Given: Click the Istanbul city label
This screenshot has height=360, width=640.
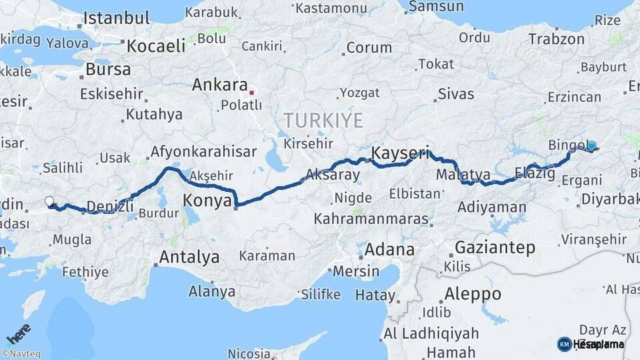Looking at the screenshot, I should point(116,19).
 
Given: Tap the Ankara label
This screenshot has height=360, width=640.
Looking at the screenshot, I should point(219,85).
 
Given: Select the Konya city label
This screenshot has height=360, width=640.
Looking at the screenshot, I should point(207,200).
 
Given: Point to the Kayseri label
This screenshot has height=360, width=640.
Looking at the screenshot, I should point(400,153).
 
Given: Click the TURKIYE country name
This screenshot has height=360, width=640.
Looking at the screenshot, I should point(323,121).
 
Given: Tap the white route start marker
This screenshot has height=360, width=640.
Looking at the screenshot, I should point(49,201).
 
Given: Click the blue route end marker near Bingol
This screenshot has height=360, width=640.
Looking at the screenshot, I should point(591,145).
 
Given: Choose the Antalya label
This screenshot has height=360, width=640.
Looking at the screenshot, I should point(189,257).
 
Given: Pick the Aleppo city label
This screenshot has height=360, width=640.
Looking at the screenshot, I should point(473,294).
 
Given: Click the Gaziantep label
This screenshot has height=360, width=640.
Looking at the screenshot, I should point(495,248).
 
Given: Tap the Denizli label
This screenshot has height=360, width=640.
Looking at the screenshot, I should point(109,206).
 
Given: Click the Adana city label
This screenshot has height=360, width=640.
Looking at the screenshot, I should point(389,250).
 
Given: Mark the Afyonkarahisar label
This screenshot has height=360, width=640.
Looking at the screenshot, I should point(203,152).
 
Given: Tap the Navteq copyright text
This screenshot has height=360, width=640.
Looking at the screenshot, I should point(23,354).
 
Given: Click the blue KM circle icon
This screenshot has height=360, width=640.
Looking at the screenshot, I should point(564,344).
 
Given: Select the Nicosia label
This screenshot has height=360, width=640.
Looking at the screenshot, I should point(249,353).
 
